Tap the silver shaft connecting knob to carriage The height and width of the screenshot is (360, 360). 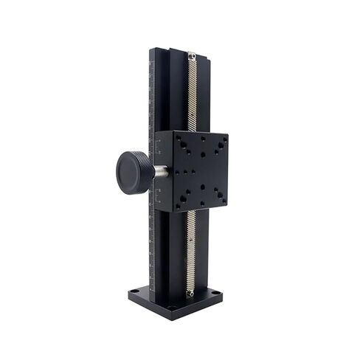pyautogui.click(x=160, y=172)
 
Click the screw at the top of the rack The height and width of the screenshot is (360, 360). pyautogui.click(x=191, y=55)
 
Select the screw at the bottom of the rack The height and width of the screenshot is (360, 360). pyautogui.click(x=190, y=293)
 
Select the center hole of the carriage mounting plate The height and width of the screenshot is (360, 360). pyautogui.click(x=193, y=171)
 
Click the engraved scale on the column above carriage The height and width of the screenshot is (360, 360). pyautogui.click(x=152, y=96)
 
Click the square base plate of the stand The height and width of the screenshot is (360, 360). pyautogui.click(x=175, y=299)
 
